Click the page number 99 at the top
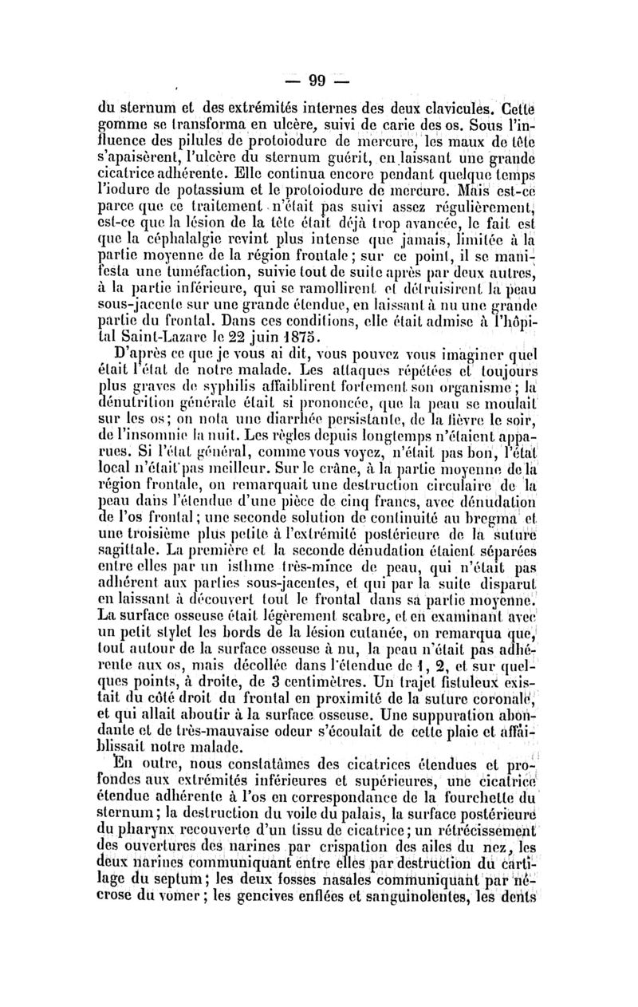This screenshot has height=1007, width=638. click(319, 80)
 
